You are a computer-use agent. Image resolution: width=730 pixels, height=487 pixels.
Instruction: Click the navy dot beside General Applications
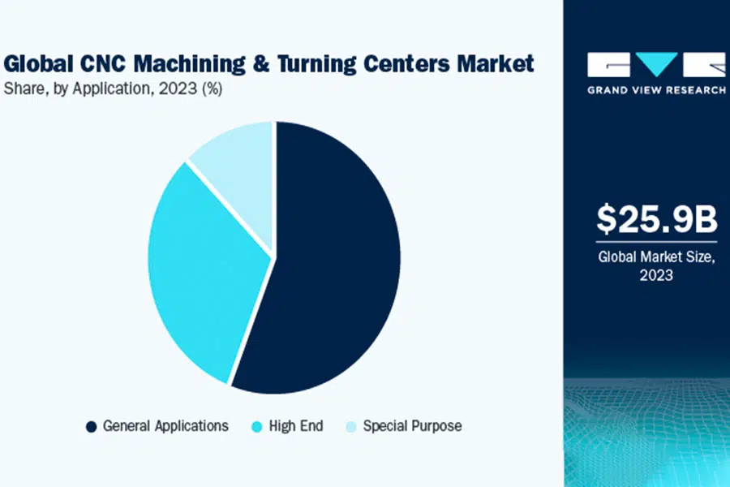(x=92, y=426)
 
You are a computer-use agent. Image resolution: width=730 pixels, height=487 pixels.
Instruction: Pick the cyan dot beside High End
(x=256, y=426)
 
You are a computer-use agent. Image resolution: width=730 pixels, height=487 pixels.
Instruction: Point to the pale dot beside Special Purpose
(x=350, y=426)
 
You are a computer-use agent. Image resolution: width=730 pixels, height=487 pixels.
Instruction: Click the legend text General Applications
(x=165, y=426)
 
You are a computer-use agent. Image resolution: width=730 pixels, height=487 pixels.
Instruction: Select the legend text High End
(x=295, y=426)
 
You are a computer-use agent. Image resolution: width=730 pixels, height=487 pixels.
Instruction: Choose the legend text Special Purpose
(x=412, y=426)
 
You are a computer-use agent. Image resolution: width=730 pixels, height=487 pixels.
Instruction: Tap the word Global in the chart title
(x=37, y=63)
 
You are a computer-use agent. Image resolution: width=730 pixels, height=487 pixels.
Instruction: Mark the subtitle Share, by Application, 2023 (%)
(x=114, y=89)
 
